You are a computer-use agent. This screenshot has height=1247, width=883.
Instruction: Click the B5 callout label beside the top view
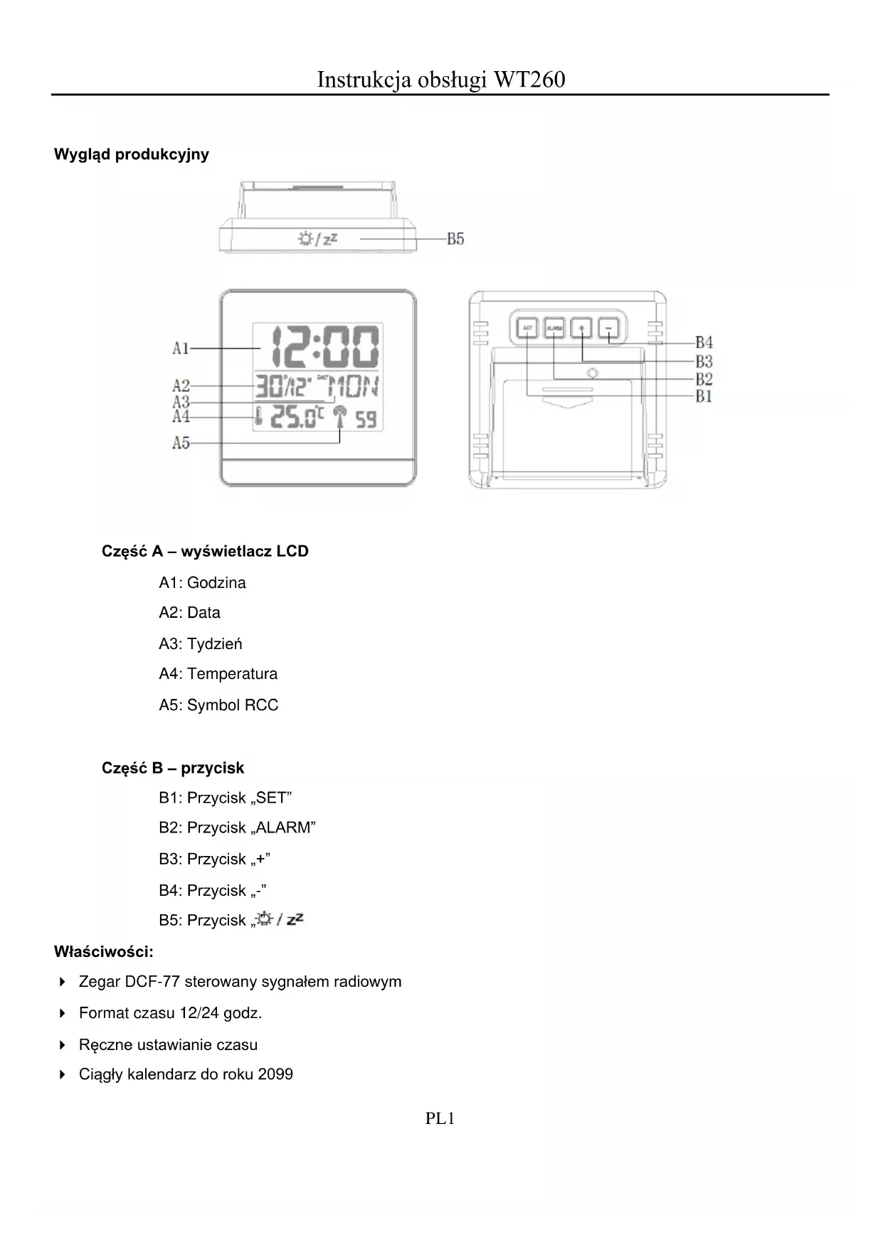455,239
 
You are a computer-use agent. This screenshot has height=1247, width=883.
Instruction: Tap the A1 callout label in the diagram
181,348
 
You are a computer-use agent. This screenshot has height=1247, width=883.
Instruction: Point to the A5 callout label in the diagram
181,443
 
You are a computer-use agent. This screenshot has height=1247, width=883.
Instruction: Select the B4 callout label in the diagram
704,343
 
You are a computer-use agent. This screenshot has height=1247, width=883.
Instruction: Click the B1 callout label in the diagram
704,396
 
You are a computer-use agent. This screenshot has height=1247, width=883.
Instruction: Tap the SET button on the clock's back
527,328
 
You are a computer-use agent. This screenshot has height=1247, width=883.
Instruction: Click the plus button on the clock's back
582,328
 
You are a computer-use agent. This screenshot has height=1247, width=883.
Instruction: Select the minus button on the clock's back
609,328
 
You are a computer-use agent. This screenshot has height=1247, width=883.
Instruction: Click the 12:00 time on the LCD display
318,348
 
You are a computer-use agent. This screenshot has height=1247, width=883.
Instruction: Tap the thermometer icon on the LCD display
258,417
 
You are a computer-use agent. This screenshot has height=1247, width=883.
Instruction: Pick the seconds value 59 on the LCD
366,419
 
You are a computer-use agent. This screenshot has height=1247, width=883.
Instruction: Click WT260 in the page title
529,79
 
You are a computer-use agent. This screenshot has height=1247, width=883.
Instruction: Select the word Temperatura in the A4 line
232,674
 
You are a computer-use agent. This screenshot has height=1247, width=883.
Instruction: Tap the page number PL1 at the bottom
440,1118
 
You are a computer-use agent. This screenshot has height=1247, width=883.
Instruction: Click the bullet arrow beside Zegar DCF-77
63,982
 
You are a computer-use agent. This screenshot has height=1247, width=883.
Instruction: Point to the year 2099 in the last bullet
275,1074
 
